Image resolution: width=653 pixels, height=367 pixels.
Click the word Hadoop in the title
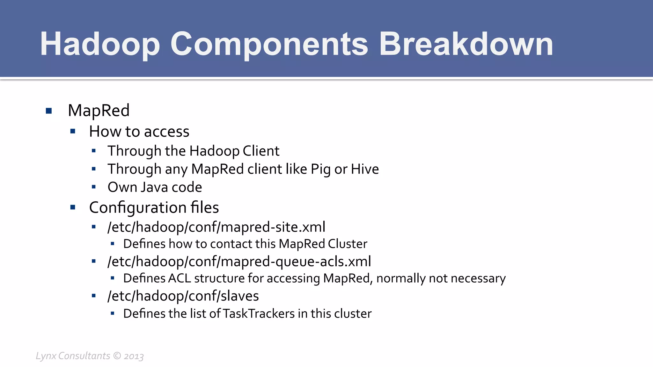point(99,45)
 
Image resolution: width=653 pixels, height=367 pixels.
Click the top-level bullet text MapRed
point(99,111)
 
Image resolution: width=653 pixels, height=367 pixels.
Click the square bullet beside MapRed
point(49,111)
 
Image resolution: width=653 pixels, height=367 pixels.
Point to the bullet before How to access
point(73,131)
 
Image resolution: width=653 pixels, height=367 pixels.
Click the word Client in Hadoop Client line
point(261,151)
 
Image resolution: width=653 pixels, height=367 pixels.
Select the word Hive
point(365,169)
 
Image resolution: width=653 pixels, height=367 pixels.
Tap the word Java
point(154,187)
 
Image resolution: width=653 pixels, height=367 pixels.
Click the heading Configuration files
point(154,208)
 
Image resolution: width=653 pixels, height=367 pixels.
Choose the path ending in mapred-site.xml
point(216,227)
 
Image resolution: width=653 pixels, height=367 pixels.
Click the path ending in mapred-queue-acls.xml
point(239,262)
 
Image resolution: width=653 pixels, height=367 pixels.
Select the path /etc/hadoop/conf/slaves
point(183,296)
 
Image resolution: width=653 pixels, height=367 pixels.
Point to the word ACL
point(179,278)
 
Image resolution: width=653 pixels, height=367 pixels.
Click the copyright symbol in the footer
point(117,356)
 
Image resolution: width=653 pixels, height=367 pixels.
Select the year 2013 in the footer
point(134,356)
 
